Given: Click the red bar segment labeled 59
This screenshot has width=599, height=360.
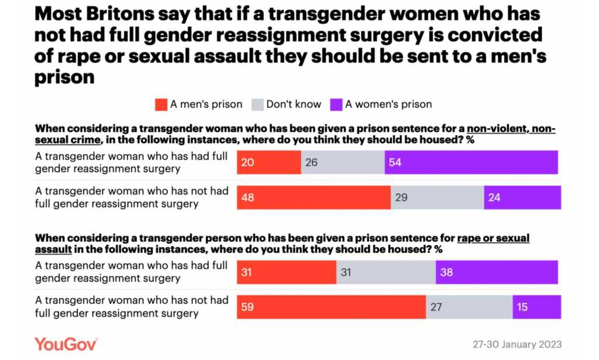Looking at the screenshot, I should (x=331, y=307).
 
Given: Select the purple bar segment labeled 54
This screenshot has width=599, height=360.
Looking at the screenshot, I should (x=471, y=162).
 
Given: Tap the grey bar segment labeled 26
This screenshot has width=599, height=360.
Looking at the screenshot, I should (x=342, y=162).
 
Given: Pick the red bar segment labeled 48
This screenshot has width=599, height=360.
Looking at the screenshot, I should (x=314, y=198).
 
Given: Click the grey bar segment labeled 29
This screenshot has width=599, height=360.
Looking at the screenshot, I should (x=437, y=198).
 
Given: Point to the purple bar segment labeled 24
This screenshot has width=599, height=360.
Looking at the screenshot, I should (x=522, y=198).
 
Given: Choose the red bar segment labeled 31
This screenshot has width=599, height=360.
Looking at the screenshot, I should (x=287, y=272).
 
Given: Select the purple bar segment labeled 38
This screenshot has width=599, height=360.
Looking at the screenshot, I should (x=497, y=272).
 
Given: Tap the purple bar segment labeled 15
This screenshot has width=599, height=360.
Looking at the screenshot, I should (x=536, y=307).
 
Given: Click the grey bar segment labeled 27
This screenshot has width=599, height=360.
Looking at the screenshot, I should (x=469, y=307).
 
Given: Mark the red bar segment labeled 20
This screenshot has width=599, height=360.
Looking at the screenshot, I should (x=268, y=162).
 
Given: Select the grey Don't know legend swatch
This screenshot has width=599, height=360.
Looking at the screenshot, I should (x=257, y=105).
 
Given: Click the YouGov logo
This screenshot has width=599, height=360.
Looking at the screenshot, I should (x=66, y=344).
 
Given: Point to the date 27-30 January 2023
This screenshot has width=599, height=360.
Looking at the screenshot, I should (x=517, y=344).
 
